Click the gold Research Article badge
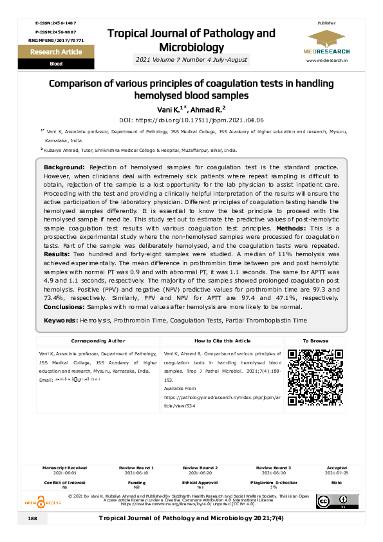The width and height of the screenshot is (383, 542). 56,51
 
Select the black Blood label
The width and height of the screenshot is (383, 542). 56,64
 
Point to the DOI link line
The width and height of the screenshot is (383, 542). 191,120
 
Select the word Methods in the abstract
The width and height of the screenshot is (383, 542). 294,229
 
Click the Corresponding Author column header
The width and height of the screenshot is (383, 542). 98,341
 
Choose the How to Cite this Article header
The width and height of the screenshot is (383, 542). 222,341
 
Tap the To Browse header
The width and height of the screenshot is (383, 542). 315,341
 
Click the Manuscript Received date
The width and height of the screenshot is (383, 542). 64,472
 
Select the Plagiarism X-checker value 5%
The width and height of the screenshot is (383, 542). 273,487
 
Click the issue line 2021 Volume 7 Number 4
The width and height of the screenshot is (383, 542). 191,60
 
